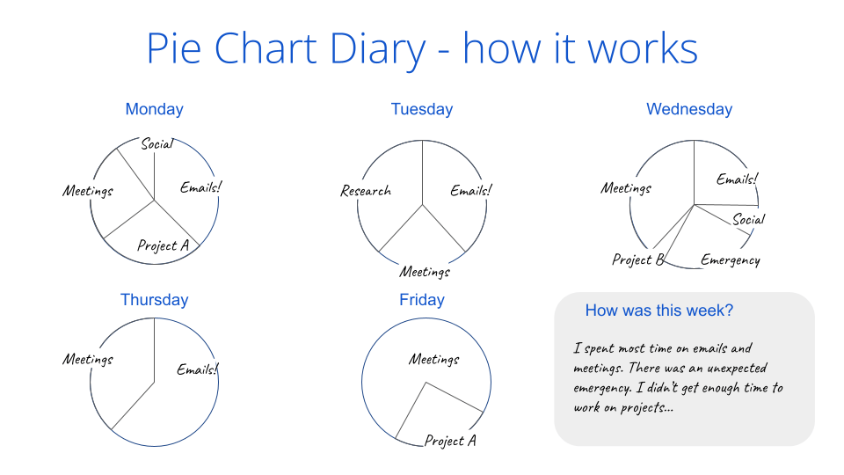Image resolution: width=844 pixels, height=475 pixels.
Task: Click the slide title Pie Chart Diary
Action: [422, 48]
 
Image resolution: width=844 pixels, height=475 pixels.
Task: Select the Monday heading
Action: [154, 109]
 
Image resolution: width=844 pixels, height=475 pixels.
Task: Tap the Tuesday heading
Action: [422, 109]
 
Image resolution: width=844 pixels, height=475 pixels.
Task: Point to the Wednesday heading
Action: [689, 109]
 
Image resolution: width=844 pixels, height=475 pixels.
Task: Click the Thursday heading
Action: [154, 300]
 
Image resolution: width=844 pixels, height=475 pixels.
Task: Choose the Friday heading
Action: [422, 300]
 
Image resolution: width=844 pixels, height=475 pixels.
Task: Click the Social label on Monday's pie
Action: [157, 143]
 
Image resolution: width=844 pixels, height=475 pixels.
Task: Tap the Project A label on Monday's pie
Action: [163, 245]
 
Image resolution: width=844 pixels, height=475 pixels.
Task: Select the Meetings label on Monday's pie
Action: [88, 191]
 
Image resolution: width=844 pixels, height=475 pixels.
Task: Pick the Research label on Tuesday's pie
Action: [366, 191]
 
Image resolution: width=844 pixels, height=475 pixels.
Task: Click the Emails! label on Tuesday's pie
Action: [471, 190]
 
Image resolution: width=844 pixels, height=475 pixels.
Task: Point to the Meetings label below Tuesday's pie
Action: [425, 271]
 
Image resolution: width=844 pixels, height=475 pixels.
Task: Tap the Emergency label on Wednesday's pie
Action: [730, 259]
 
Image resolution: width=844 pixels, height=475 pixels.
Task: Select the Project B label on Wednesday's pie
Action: [637, 259]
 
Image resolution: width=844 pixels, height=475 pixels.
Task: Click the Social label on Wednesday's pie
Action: [749, 219]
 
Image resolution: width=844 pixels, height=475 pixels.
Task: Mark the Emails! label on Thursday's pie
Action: [197, 369]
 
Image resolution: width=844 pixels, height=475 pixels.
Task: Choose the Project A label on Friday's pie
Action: [450, 441]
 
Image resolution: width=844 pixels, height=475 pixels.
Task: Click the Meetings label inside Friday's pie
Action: [433, 359]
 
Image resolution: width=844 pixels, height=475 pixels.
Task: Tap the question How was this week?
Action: [659, 311]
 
